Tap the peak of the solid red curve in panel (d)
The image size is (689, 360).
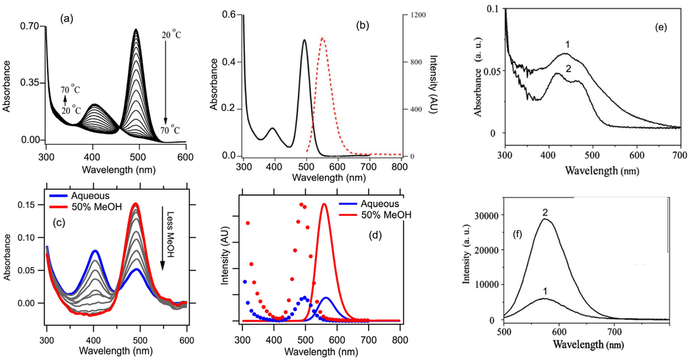point(324,204)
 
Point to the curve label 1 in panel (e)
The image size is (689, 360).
point(567,44)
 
